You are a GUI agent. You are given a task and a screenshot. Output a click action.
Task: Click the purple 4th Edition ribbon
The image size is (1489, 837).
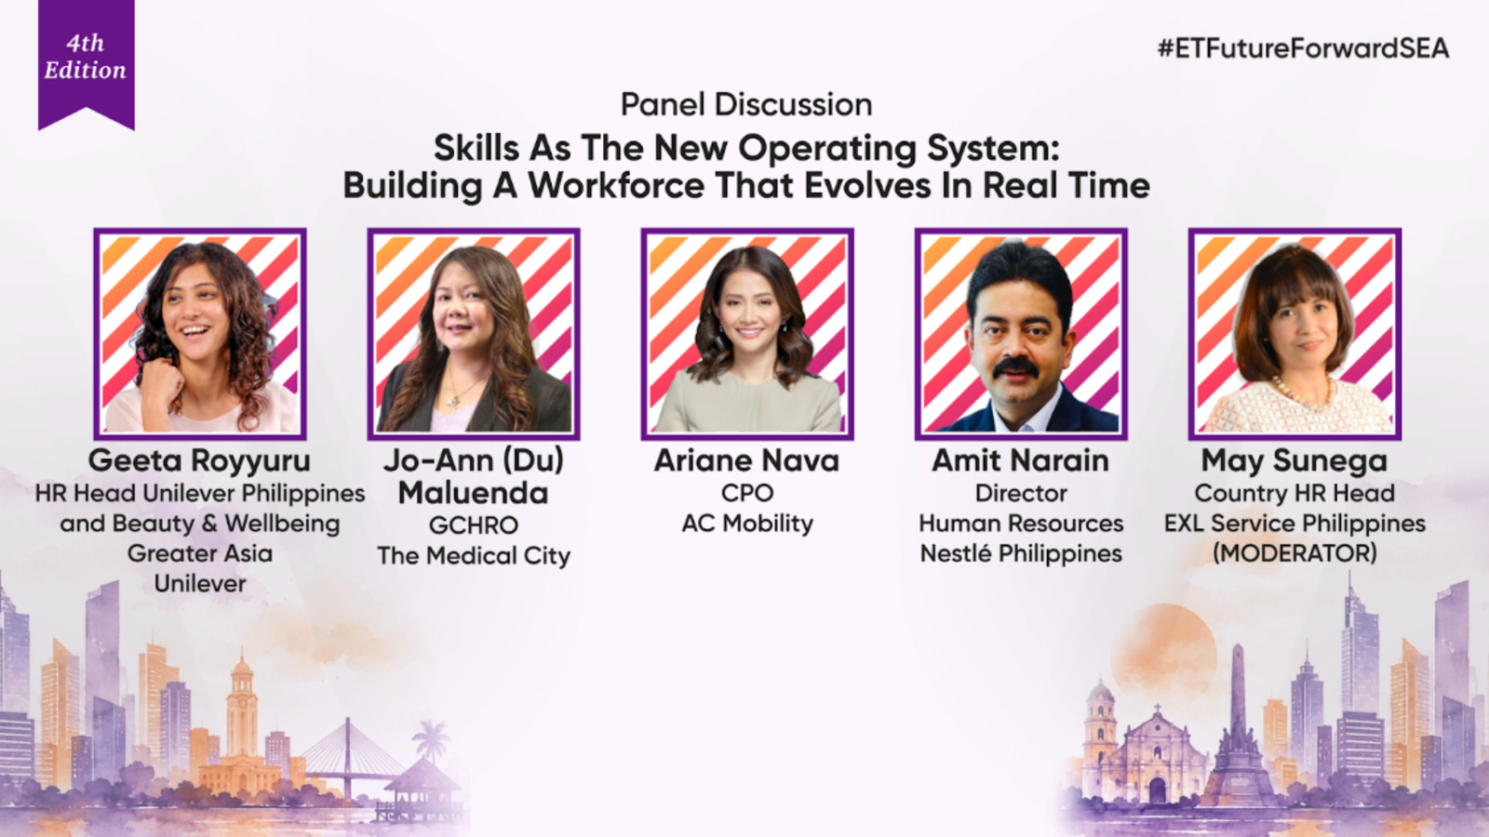click(87, 63)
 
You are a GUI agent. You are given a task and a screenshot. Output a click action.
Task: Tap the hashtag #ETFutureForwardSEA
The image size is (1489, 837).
click(1304, 48)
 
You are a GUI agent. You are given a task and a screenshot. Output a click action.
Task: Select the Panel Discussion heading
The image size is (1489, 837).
click(746, 104)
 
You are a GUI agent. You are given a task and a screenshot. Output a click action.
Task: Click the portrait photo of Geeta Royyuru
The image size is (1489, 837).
click(200, 334)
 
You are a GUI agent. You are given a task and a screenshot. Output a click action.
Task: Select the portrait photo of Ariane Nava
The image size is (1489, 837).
click(747, 334)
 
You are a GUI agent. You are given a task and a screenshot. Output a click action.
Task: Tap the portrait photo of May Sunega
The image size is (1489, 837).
click(1294, 334)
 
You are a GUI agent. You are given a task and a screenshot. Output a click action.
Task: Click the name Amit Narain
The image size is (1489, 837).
click(1020, 460)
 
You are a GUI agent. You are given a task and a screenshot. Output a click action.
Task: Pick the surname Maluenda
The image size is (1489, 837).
click(474, 493)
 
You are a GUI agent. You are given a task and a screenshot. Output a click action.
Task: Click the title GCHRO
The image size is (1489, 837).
click(474, 525)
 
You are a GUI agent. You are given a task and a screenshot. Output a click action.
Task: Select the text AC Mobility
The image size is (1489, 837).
click(747, 524)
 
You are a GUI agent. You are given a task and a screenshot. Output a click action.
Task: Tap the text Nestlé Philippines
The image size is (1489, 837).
click(1021, 553)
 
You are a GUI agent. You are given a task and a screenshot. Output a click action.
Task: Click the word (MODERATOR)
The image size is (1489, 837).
click(1294, 553)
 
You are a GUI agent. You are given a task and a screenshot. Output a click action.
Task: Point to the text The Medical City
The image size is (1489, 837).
click(474, 555)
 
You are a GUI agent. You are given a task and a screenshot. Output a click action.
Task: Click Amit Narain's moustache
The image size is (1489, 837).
click(1015, 366)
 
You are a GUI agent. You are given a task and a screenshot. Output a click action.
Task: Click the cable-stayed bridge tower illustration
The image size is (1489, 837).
click(347, 757)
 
